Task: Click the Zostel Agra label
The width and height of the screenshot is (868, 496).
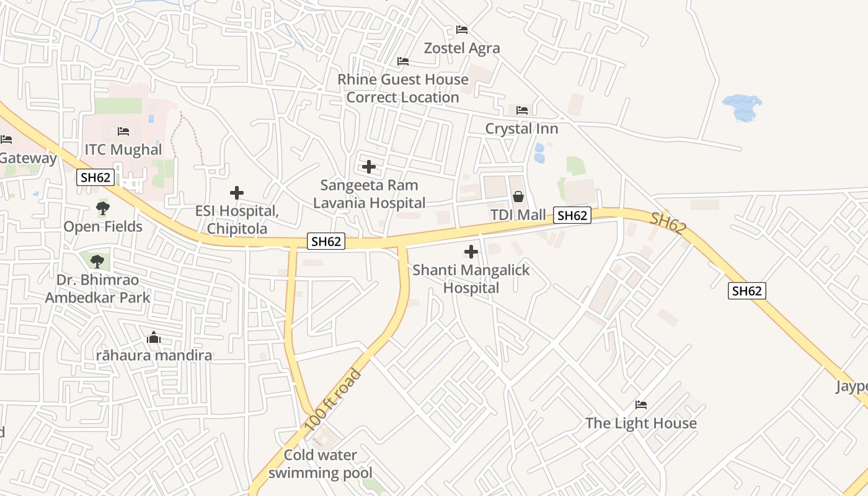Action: [462, 48]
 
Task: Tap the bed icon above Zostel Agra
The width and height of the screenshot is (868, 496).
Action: [462, 30]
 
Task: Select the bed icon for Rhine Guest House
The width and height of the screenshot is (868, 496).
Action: [403, 61]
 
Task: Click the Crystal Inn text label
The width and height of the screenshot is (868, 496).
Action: [521, 129]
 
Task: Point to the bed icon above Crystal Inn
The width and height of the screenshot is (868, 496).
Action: [522, 110]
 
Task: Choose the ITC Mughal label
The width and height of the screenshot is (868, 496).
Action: [123, 149]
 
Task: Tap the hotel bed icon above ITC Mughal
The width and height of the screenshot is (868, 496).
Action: [123, 131]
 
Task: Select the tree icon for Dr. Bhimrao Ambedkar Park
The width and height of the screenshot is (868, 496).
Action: [97, 261]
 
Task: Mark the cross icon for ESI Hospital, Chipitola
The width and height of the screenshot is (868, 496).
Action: [237, 193]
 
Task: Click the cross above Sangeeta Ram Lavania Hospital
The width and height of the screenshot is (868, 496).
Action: [369, 167]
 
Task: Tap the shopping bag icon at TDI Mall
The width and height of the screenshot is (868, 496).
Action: [518, 197]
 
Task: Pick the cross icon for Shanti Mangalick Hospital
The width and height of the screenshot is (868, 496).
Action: [471, 252]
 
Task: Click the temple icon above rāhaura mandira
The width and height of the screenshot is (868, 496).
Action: [154, 338]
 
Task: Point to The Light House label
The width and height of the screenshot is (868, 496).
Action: [641, 423]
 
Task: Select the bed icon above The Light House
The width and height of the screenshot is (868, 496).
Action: [641, 405]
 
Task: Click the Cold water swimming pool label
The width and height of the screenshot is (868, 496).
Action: [321, 464]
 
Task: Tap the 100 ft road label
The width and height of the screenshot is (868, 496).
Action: [333, 401]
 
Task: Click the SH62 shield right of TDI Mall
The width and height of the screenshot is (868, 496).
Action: [572, 216]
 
